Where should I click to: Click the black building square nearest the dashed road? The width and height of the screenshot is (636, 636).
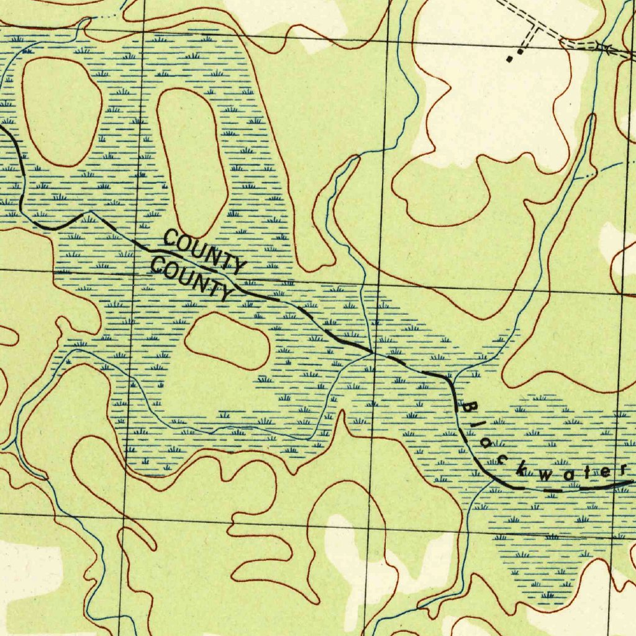pos(520,53)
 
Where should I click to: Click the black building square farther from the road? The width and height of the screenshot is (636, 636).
pos(510,60)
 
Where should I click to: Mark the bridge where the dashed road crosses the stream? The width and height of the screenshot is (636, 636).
pos(601,46)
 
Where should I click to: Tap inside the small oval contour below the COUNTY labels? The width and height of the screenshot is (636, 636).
pos(227,340)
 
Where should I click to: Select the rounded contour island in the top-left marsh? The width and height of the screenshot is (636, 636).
pos(62,112)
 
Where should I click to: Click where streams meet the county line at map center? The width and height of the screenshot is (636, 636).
pos(371,353)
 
